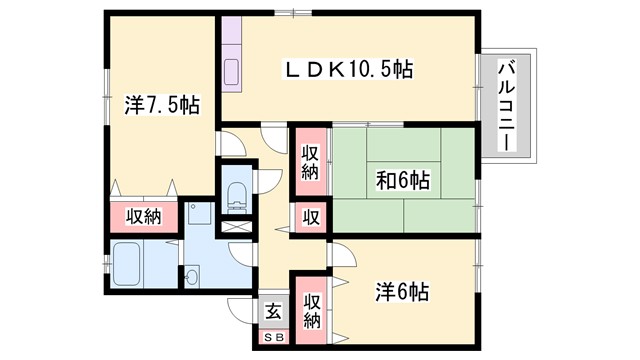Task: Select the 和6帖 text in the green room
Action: pos(403,181)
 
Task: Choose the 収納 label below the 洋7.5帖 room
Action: pos(143,217)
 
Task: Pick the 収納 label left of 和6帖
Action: pos(310,161)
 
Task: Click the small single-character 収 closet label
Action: pos(311,217)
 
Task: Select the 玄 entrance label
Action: pos(273,310)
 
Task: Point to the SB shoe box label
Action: pos(273,338)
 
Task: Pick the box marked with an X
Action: pos(237,225)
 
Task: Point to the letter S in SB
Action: pos(268,338)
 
